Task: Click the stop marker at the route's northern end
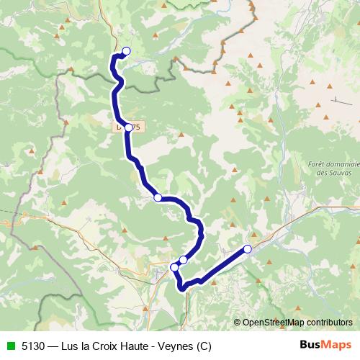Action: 126,51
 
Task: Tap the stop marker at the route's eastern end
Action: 247,249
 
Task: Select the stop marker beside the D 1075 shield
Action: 128,127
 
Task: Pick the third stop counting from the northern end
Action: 157,197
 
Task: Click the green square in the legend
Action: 9,345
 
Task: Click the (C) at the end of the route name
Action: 201,345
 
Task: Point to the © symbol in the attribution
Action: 237,323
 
